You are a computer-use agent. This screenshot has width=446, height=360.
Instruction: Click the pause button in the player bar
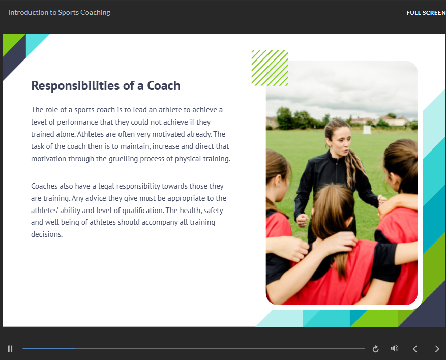tap(10, 349)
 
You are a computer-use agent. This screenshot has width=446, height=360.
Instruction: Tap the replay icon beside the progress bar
tap(376, 349)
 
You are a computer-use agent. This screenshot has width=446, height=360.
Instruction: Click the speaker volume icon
tap(394, 348)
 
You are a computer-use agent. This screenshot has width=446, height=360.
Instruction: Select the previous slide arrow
tap(415, 349)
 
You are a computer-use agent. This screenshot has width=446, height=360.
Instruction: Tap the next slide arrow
tap(437, 349)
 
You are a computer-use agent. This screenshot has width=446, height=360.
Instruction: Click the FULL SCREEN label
tap(426, 13)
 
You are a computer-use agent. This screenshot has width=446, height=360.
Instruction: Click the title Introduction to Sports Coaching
tap(59, 12)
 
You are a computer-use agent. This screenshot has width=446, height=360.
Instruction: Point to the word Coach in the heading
tap(163, 86)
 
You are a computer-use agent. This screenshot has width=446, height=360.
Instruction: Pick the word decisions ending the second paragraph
tap(46, 235)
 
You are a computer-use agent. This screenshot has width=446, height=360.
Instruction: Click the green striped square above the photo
tap(270, 68)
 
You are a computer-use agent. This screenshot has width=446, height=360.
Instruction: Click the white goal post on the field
tap(367, 129)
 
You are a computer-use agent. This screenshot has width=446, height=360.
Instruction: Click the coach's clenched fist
tap(303, 220)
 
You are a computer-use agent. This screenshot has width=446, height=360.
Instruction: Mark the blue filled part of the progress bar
tap(49, 348)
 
